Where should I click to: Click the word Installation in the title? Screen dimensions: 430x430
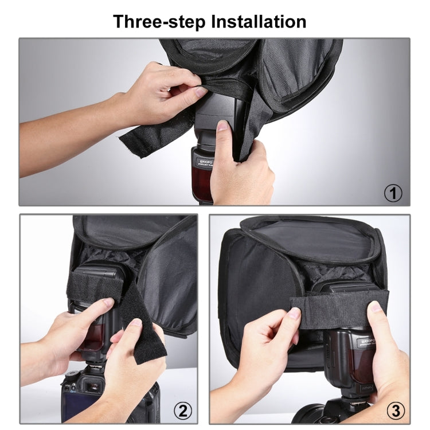coord(259,21)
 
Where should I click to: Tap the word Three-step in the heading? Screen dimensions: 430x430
coord(159,21)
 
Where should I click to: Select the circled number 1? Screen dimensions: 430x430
coord(393,193)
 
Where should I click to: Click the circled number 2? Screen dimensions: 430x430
coord(182,411)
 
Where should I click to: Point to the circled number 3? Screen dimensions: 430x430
coord(394,411)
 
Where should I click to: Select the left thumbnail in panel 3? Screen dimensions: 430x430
coord(294,313)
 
